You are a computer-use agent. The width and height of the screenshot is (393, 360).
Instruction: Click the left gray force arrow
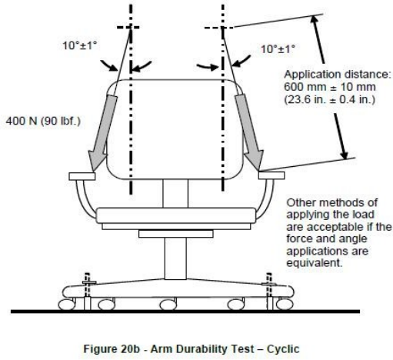click(102, 133)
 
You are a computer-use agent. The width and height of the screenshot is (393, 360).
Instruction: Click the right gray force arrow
click(249, 132)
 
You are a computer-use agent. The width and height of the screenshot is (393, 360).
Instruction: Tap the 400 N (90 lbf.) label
click(43, 121)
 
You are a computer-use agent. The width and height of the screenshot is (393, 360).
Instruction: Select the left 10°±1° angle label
click(80, 45)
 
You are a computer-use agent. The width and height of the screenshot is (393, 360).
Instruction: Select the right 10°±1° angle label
click(278, 48)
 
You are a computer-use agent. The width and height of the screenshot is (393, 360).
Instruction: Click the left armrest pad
click(82, 176)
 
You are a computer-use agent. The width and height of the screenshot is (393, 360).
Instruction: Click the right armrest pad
click(271, 175)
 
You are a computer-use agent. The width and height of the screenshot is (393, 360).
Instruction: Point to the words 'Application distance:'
click(338, 75)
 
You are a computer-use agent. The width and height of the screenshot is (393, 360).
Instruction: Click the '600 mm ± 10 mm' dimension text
click(330, 87)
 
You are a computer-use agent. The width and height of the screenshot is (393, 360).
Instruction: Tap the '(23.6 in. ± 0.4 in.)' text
click(330, 99)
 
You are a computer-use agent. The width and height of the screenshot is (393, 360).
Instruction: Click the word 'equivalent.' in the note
click(315, 263)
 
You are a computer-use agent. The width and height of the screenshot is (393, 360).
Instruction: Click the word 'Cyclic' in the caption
click(283, 349)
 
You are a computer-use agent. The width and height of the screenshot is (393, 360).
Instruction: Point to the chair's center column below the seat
click(175, 258)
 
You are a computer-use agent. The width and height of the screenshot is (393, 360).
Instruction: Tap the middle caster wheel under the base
click(168, 305)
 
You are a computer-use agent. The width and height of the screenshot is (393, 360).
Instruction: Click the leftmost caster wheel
click(67, 305)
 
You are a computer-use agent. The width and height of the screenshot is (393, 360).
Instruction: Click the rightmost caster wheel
click(285, 305)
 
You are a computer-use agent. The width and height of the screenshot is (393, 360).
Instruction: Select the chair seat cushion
click(176, 215)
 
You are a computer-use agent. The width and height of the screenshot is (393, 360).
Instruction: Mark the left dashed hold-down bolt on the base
click(87, 291)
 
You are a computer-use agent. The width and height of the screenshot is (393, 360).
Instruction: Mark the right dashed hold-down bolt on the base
click(269, 291)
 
